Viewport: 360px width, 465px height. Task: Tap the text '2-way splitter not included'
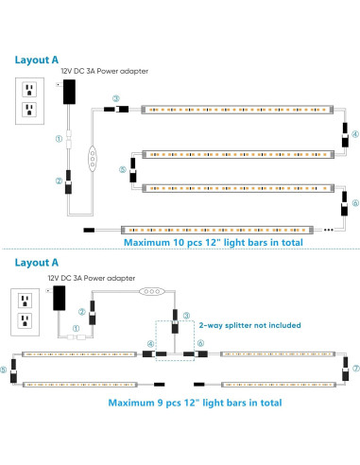(249, 324)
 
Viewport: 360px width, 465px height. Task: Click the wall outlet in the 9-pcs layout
(23, 308)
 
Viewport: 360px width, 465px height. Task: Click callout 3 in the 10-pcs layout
(115, 98)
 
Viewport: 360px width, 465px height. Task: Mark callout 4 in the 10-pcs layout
(354, 135)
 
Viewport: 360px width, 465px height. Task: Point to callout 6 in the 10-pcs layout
(354, 202)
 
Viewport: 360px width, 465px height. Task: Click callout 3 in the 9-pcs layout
(186, 315)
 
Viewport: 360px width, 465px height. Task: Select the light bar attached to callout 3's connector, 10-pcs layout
(236, 112)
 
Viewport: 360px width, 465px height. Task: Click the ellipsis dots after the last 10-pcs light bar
(328, 229)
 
